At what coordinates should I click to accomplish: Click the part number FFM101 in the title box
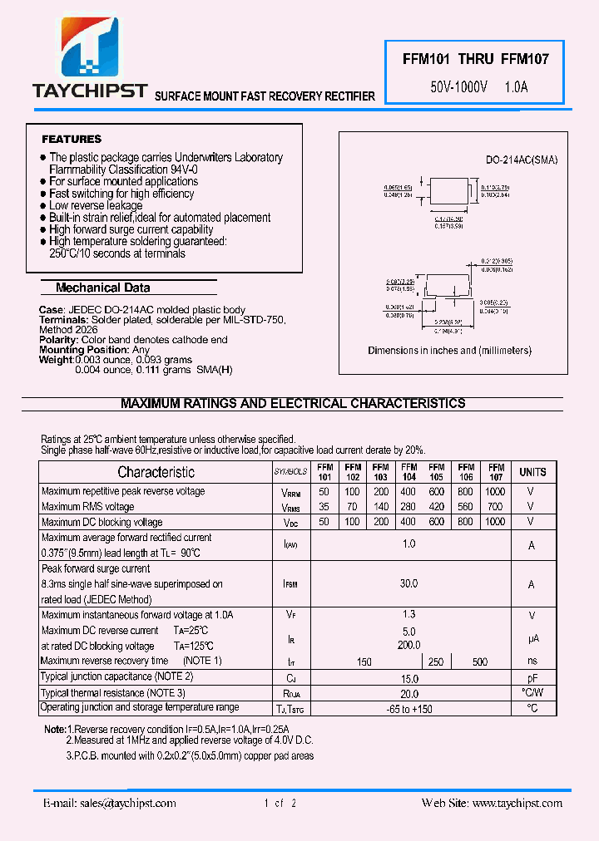(x=426, y=59)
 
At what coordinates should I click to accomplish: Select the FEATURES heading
(x=72, y=139)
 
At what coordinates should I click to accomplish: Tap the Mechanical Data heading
(x=103, y=288)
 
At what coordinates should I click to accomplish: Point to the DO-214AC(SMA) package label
(x=522, y=160)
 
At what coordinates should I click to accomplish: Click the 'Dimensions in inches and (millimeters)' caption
(x=449, y=351)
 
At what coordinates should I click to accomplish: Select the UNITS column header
(x=532, y=472)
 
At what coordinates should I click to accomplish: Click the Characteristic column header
(x=156, y=472)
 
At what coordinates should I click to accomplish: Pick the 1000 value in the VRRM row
(x=495, y=492)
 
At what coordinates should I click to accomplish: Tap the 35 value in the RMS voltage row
(x=324, y=506)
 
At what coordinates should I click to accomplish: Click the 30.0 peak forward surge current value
(x=408, y=584)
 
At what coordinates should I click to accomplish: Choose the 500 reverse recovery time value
(x=480, y=661)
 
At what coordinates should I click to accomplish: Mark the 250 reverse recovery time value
(x=436, y=661)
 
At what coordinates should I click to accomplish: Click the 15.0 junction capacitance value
(x=408, y=679)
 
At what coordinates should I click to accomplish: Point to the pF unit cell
(x=532, y=679)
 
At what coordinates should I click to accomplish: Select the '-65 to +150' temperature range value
(x=408, y=709)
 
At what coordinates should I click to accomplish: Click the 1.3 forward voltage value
(x=408, y=615)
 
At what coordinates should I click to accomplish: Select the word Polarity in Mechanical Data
(x=57, y=340)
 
